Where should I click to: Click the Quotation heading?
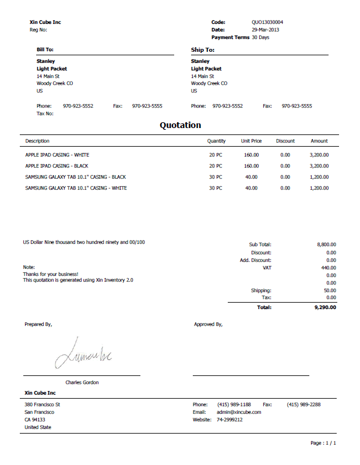(x=180, y=125)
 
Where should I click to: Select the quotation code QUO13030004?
(x=267, y=22)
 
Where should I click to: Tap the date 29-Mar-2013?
(x=266, y=30)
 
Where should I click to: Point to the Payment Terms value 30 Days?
(x=260, y=37)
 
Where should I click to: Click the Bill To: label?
(x=45, y=50)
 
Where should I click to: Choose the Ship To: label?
(x=202, y=50)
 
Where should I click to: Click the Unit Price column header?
(x=251, y=141)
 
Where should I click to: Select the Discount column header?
(x=285, y=141)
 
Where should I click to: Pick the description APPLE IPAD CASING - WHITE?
(x=57, y=155)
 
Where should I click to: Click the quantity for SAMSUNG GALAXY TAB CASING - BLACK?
(x=216, y=177)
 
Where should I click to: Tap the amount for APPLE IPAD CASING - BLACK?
(x=319, y=166)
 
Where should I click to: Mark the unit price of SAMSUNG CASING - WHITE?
(x=251, y=188)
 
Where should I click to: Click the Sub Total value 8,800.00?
(x=326, y=245)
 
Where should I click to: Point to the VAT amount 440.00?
(x=329, y=268)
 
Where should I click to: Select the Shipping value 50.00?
(x=330, y=290)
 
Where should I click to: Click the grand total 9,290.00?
(x=325, y=307)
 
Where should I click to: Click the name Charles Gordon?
(x=82, y=382)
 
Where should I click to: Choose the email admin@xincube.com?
(x=239, y=412)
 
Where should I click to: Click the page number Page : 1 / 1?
(x=323, y=443)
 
